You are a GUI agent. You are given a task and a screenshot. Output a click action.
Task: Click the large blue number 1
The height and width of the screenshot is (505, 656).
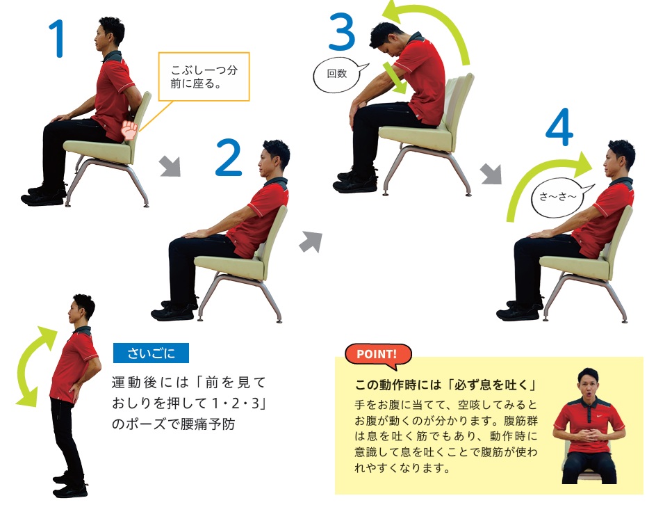coord(58,38)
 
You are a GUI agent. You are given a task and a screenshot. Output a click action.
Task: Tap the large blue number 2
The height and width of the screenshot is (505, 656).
coord(229,157)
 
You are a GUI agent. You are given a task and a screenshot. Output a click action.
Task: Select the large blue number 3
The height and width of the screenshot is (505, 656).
coord(342,32)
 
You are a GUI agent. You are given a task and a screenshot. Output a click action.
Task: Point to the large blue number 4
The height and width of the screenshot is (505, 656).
coord(559,127)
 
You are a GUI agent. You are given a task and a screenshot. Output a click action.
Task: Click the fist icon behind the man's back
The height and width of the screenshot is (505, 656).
coord(130,130)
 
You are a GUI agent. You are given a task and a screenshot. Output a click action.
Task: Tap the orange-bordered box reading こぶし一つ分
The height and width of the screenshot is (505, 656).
coord(204,77)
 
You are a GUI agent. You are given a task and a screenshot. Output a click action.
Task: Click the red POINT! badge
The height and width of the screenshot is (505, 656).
coord(377,355)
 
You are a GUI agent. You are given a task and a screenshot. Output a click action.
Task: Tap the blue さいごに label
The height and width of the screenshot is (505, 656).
coord(151,353)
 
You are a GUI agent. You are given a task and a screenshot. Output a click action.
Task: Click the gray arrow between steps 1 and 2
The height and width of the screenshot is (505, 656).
coord(170,166)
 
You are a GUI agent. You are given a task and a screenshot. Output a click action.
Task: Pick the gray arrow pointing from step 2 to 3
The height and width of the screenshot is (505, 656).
coord(311,242)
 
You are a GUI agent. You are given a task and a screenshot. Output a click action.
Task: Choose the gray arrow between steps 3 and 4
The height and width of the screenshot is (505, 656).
coord(491,174)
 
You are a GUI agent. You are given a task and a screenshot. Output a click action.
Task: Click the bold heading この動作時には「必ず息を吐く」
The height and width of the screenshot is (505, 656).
coord(446,385)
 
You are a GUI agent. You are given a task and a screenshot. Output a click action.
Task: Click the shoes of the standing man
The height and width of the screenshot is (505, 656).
coord(70,485)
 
